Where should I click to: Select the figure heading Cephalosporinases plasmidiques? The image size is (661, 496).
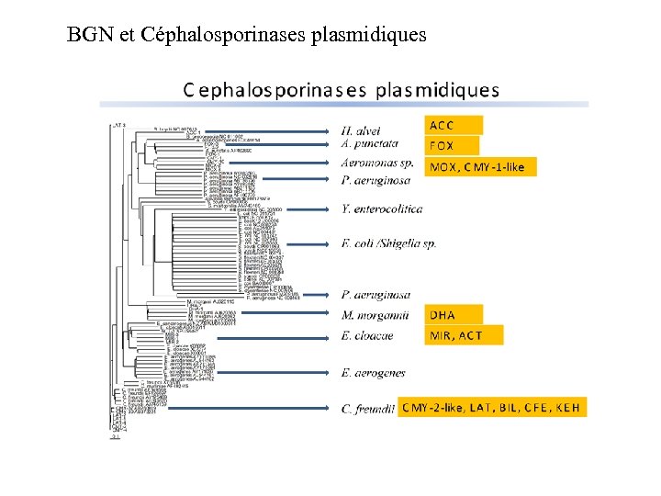click(x=342, y=90)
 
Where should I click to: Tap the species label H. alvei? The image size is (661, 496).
click(x=360, y=130)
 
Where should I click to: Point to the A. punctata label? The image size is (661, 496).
click(x=369, y=143)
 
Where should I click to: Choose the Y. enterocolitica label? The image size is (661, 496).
click(x=381, y=209)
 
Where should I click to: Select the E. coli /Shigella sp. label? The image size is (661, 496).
click(x=388, y=243)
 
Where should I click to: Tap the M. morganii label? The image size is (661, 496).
click(x=368, y=315)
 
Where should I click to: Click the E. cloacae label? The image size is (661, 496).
click(x=366, y=335)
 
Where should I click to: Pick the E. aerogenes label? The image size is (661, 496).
click(x=373, y=372)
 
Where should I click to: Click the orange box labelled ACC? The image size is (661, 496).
click(x=453, y=125)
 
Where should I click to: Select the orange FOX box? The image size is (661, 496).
click(x=453, y=145)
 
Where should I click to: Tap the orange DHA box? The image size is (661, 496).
click(x=453, y=315)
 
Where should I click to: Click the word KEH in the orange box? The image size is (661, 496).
click(x=566, y=407)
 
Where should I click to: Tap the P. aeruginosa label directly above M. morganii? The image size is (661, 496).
click(x=375, y=294)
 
